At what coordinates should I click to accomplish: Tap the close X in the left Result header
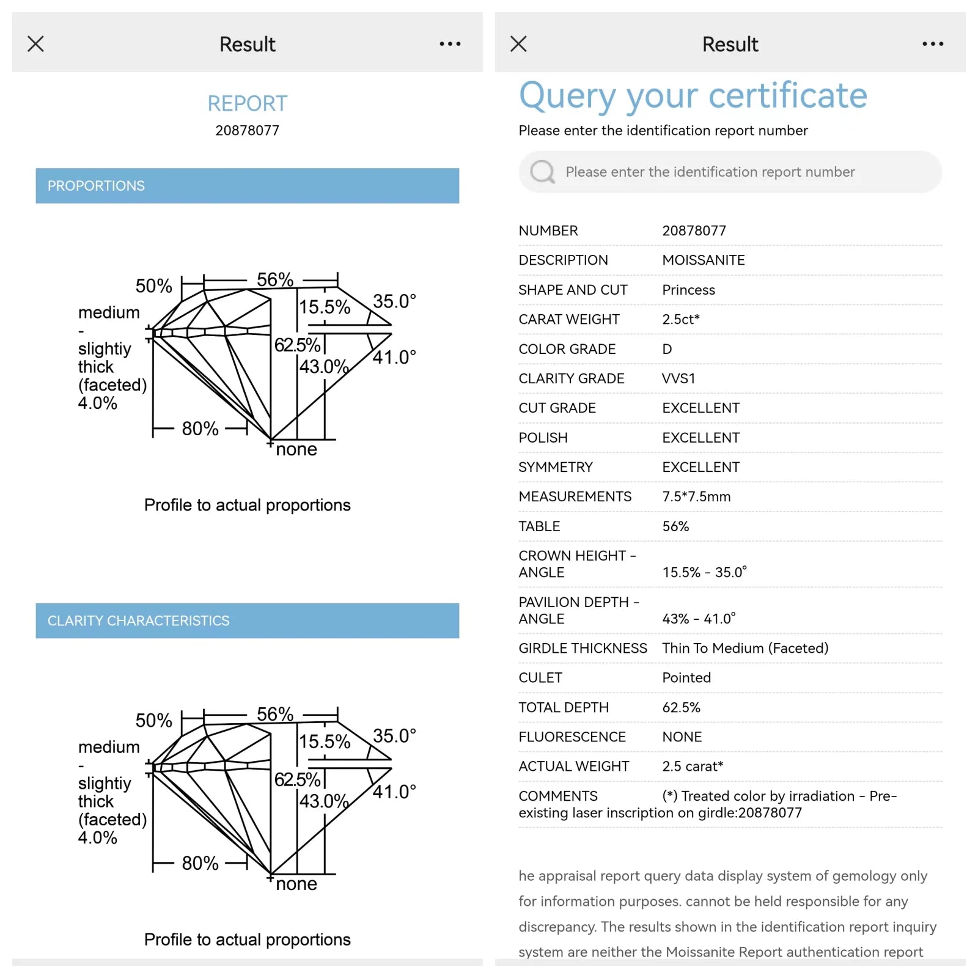(x=35, y=44)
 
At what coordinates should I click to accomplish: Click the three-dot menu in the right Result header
(x=933, y=44)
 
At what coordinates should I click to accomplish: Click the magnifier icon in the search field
(x=542, y=172)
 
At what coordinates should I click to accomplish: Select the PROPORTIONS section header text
(x=96, y=186)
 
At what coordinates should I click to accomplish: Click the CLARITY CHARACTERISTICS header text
(x=138, y=620)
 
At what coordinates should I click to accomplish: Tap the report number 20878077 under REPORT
(x=247, y=130)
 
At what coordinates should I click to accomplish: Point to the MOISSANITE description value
(x=703, y=260)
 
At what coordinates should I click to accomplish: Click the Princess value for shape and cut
(x=688, y=290)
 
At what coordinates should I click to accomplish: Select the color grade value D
(x=667, y=349)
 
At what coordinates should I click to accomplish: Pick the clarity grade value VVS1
(x=678, y=378)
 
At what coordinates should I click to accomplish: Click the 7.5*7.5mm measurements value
(x=696, y=496)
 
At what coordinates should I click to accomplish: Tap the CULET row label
(x=540, y=678)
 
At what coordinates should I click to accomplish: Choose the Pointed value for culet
(x=686, y=678)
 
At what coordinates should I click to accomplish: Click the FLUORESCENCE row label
(x=572, y=737)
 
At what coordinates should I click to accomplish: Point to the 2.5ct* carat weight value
(x=680, y=319)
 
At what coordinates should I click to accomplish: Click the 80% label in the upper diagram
(x=200, y=428)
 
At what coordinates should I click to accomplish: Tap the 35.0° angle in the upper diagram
(x=394, y=301)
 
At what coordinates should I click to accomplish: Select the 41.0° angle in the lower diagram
(x=394, y=792)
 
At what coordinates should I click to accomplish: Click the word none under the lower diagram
(x=296, y=884)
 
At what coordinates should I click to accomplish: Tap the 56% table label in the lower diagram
(x=275, y=714)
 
